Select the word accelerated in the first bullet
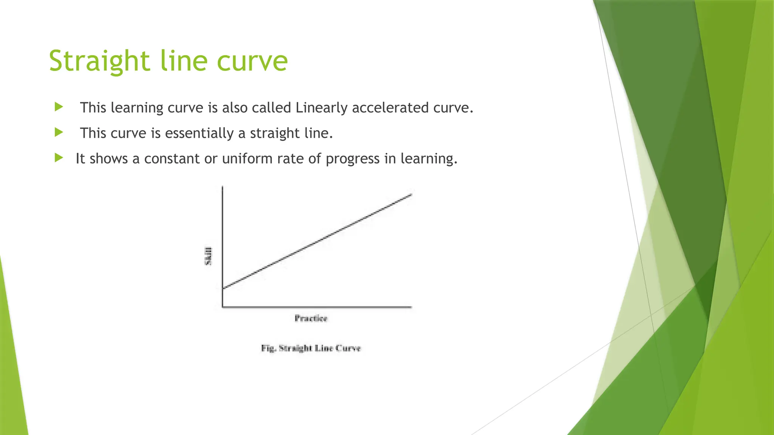click(390, 108)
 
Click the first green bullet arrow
click(59, 107)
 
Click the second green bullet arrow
click(59, 132)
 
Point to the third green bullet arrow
click(59, 157)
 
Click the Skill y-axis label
click(208, 256)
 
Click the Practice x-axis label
click(311, 318)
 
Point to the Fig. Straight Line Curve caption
click(311, 348)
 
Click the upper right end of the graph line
click(411, 194)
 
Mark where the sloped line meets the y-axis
click(223, 288)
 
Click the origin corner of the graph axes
click(223, 307)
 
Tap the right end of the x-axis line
click(411, 307)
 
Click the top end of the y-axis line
click(223, 187)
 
